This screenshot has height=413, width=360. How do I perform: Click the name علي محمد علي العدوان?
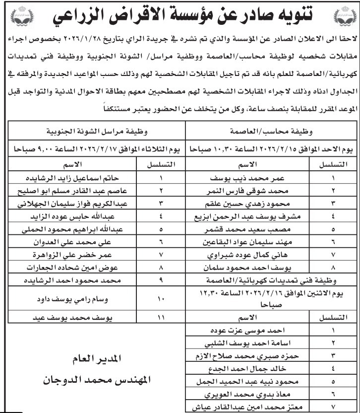[x=74, y=242]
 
